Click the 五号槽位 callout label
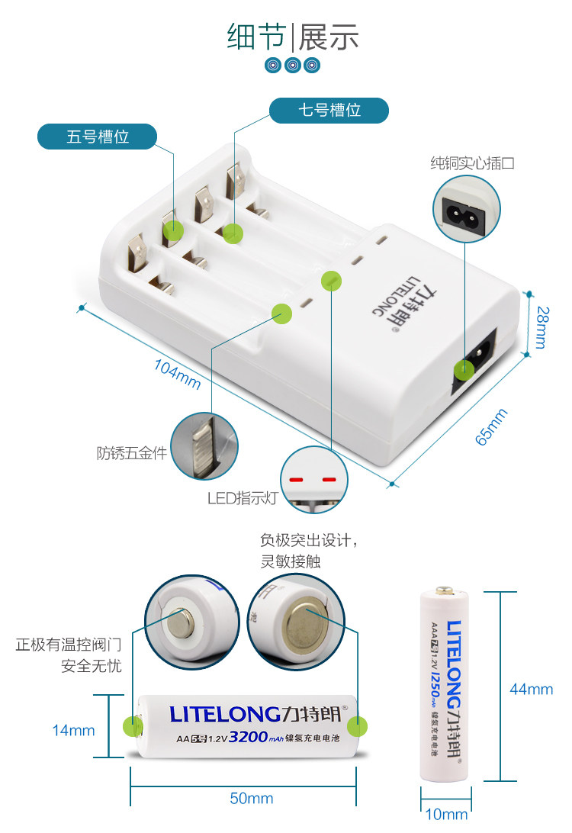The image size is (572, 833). (x=98, y=137)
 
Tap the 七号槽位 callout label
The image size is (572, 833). (x=329, y=110)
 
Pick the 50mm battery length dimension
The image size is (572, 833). (x=252, y=799)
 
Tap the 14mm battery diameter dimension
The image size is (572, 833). (x=73, y=730)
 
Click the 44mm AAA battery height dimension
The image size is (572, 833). (x=532, y=689)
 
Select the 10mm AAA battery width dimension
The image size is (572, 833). (x=446, y=815)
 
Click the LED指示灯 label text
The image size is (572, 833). (x=243, y=498)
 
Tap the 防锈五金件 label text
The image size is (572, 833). (x=131, y=452)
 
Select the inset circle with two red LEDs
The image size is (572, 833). (x=313, y=479)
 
